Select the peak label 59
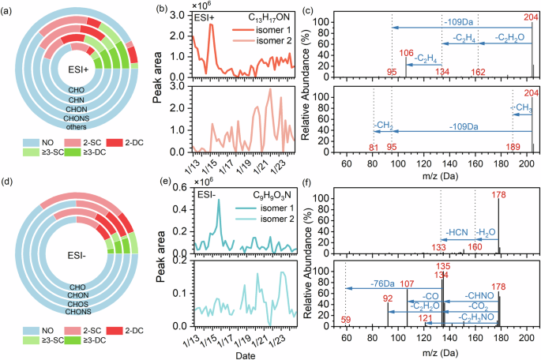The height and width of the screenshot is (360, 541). pos(346,320)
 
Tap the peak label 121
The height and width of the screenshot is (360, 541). pos(426,319)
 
